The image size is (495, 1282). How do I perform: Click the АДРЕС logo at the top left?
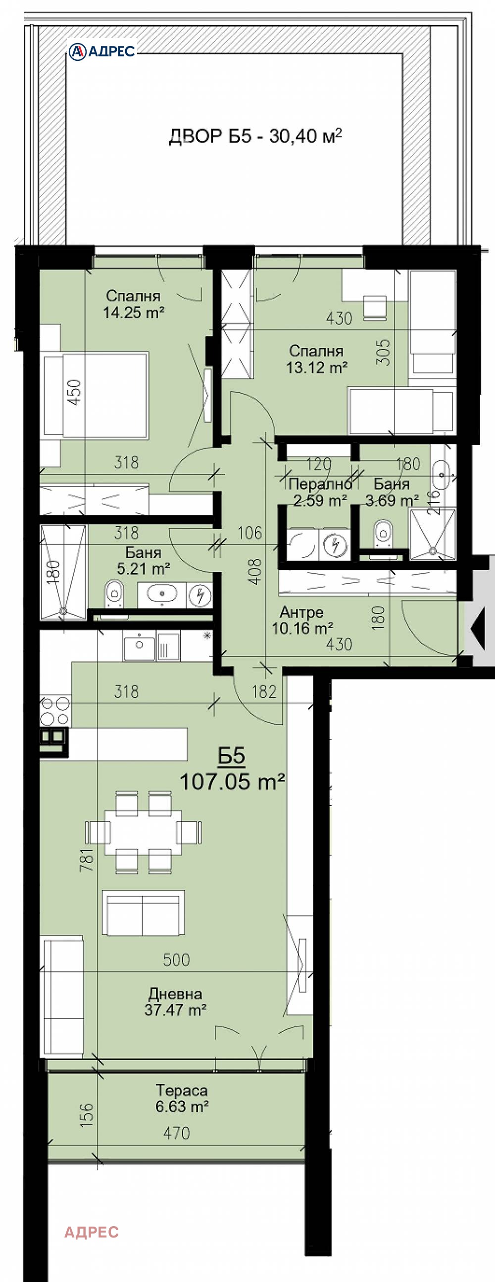(102, 51)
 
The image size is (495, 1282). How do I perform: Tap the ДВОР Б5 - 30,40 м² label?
(255, 136)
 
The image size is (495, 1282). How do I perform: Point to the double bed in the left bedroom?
(96, 395)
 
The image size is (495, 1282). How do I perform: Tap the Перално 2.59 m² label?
(320, 492)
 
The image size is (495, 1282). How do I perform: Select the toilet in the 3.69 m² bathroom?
(383, 533)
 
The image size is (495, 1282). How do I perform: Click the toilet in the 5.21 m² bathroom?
(114, 593)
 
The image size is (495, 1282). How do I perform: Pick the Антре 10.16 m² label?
(302, 620)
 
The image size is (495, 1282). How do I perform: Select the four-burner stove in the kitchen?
(55, 711)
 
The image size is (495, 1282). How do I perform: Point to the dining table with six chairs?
(143, 831)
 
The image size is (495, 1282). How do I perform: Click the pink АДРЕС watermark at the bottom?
(92, 1232)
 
